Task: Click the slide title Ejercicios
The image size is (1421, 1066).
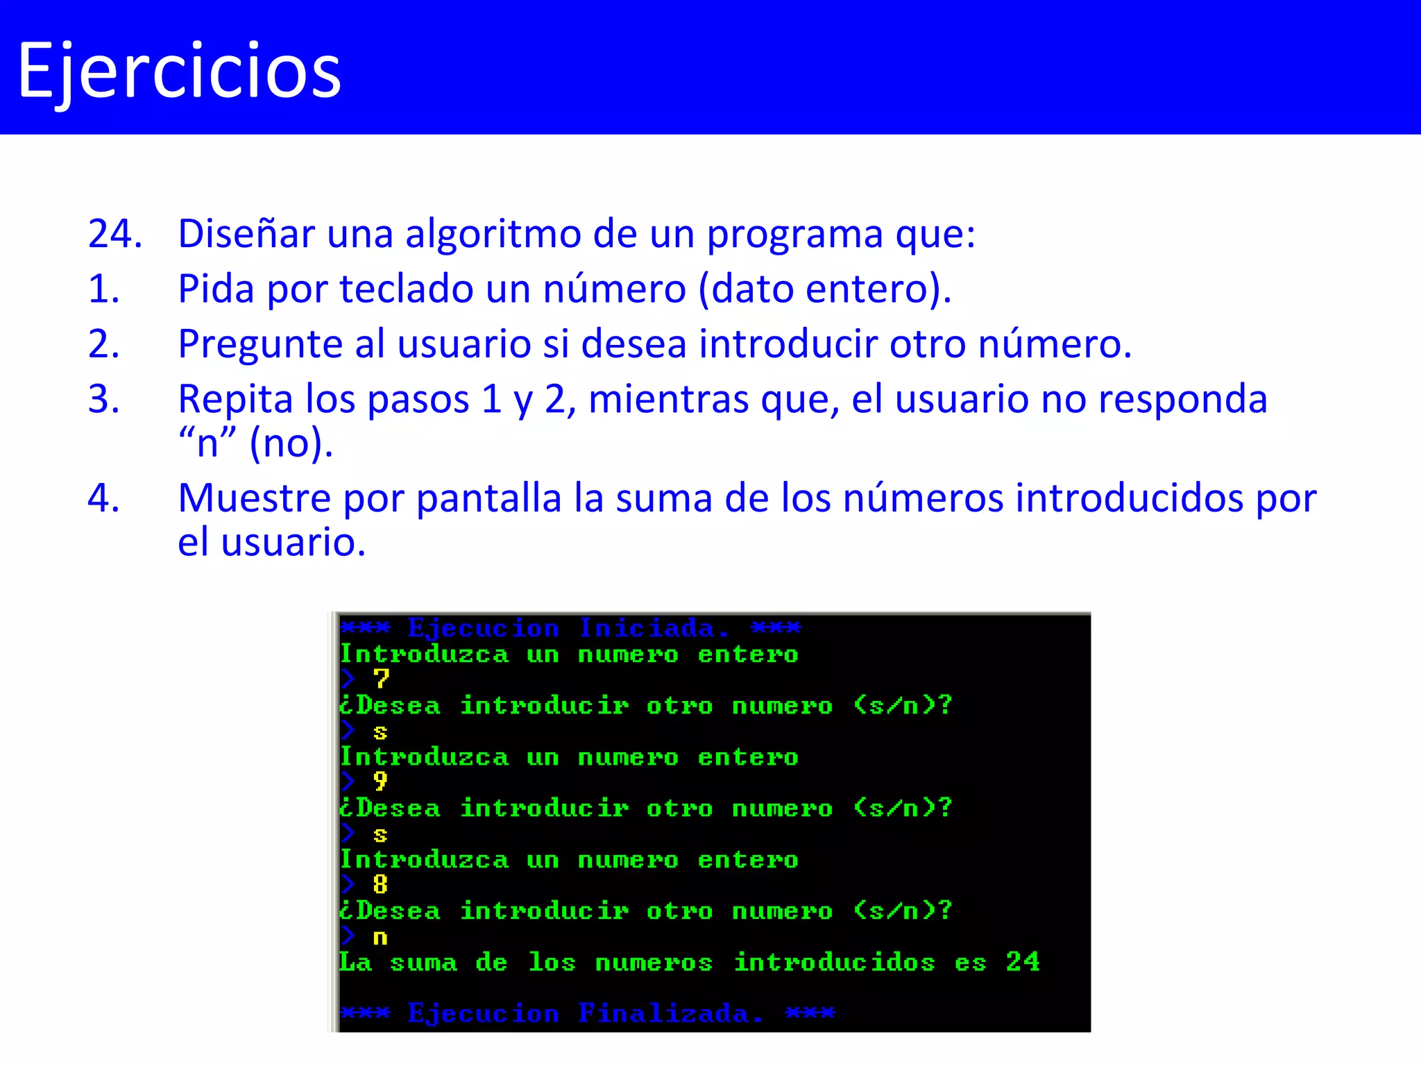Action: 179,71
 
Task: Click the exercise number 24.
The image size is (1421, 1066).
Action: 114,234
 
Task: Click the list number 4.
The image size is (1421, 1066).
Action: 103,498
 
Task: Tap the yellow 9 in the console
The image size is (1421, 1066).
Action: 380,781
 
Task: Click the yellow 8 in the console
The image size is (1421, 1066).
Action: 380,884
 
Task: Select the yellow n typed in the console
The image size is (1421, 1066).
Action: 380,938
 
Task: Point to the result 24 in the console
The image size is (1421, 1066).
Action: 1023,962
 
